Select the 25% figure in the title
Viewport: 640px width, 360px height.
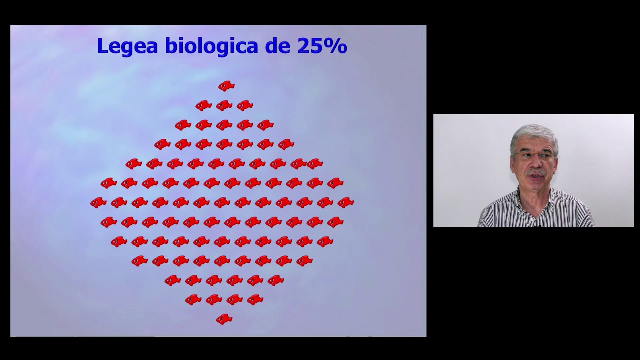322,46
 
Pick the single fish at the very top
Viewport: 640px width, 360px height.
226,86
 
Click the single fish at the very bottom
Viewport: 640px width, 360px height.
224,319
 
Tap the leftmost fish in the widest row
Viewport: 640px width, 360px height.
98,202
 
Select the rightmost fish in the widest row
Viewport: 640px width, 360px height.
345,202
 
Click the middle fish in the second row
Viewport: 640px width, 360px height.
224,105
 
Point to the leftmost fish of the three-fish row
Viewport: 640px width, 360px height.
203,105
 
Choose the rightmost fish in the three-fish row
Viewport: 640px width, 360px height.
245,105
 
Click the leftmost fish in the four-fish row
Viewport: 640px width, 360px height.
193,300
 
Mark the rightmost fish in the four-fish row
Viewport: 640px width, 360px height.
255,300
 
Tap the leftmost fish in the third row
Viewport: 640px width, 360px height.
183,125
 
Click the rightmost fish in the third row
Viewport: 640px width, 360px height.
265,125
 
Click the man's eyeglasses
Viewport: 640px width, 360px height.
534,156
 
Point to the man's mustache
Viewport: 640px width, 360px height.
535,173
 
